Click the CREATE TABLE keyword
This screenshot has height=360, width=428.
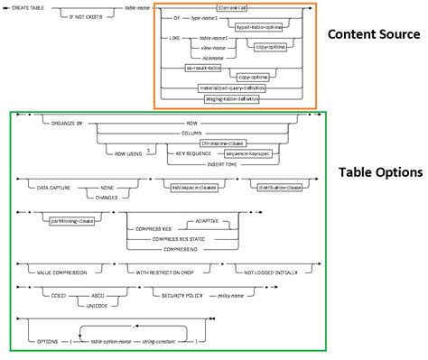point(28,8)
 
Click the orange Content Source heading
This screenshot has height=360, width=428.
point(372,35)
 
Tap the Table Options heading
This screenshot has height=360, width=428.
point(379,171)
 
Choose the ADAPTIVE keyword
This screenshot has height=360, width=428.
point(210,220)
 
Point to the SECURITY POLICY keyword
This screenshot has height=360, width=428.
point(176,294)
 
